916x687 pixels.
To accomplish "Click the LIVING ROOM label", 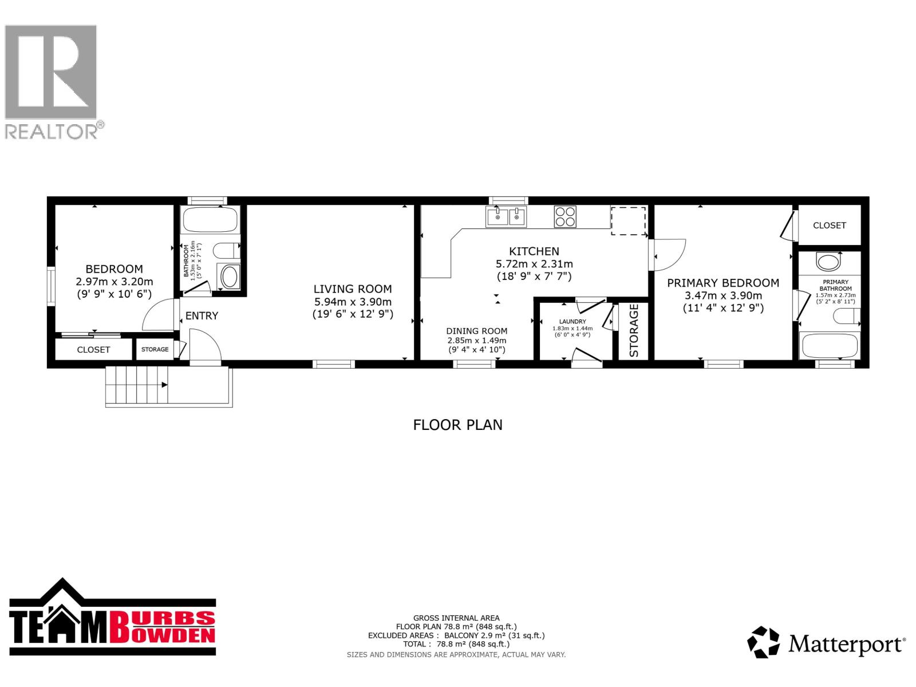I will (353, 289).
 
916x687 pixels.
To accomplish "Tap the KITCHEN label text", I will (534, 251).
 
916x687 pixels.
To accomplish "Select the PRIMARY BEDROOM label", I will (723, 283).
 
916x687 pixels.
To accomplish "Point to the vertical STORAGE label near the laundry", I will (634, 331).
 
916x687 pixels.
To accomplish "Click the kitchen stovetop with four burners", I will (565, 217).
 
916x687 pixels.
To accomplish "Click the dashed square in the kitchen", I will (629, 221).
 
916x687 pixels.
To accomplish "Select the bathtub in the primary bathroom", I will (830, 346).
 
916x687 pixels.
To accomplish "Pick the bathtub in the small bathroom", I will (210, 220).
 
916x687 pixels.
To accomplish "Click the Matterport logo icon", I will (764, 642).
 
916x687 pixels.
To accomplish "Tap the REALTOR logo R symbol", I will (52, 72).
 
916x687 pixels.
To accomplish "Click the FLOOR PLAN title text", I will (457, 425).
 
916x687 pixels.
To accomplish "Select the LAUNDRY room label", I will (572, 322).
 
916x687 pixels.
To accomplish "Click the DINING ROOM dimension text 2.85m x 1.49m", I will (476, 340).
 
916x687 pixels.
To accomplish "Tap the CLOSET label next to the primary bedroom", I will (829, 226).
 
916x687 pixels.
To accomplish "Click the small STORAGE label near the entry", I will (155, 349).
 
